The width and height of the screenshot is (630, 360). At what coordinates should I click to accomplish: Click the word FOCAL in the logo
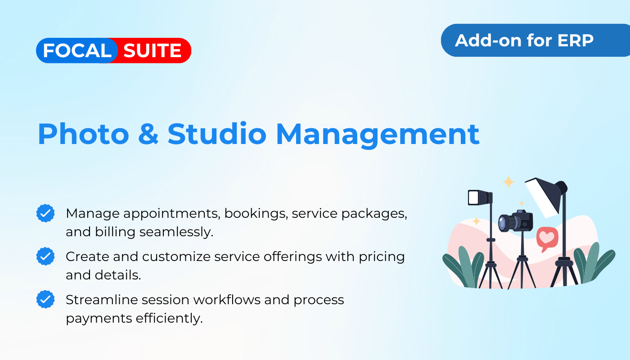pyautogui.click(x=77, y=50)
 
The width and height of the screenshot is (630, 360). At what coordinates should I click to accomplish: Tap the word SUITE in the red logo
pyautogui.click(x=153, y=50)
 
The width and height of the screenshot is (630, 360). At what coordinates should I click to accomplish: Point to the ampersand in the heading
pyautogui.click(x=148, y=134)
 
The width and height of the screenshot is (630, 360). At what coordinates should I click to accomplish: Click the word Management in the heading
pyautogui.click(x=378, y=135)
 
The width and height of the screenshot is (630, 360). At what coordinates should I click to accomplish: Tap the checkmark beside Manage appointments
pyautogui.click(x=45, y=213)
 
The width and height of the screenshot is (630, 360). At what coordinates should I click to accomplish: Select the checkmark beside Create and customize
pyautogui.click(x=45, y=256)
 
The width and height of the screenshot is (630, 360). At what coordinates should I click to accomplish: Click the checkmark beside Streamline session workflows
pyautogui.click(x=45, y=299)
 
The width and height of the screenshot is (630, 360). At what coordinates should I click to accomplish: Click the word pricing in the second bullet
pyautogui.click(x=382, y=257)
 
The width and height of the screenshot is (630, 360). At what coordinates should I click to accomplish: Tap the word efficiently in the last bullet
pyautogui.click(x=169, y=319)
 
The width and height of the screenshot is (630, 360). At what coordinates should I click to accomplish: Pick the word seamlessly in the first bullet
pyautogui.click(x=176, y=232)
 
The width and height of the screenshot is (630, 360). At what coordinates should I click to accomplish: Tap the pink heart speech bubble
pyautogui.click(x=547, y=239)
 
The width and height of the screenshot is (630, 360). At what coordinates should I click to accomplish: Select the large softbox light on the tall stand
pyautogui.click(x=545, y=197)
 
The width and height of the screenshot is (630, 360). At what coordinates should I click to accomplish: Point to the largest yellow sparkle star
pyautogui.click(x=508, y=182)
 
